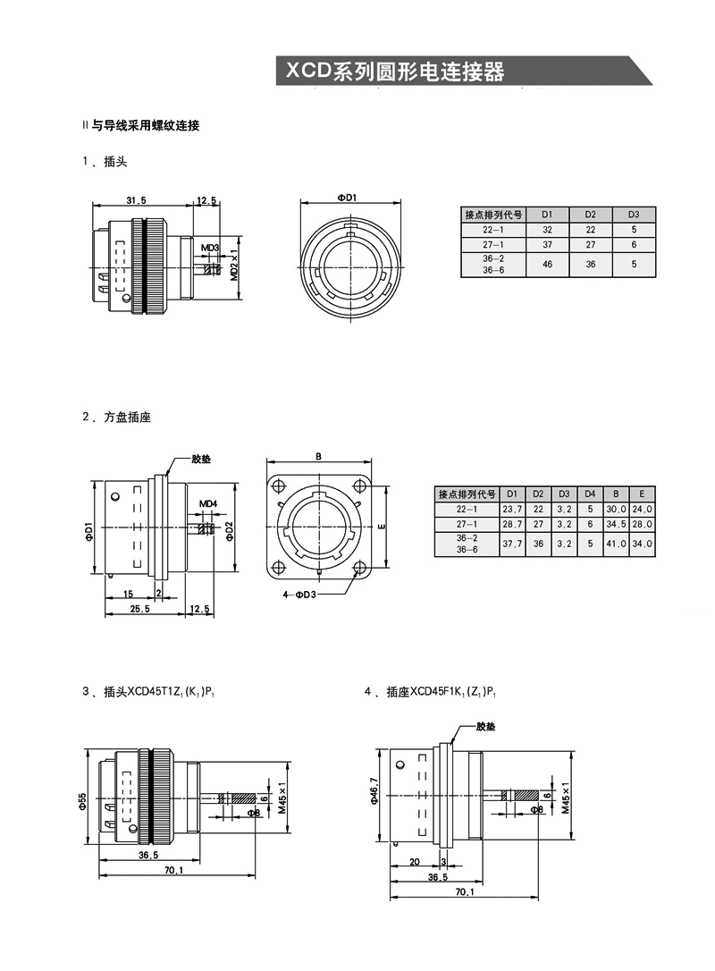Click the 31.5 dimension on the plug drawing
coord(136,199)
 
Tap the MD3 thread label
coord(209,247)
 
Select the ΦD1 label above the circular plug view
coord(347,198)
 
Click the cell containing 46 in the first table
coord(547,265)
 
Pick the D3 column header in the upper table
coord(634,215)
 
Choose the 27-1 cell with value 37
coord(547,244)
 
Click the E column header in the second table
coord(642,494)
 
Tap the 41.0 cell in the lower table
coord(616,543)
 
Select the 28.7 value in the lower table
coord(512,523)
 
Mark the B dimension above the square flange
coord(318,455)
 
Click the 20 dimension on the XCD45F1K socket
coord(414,862)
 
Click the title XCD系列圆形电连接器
coord(394,72)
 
